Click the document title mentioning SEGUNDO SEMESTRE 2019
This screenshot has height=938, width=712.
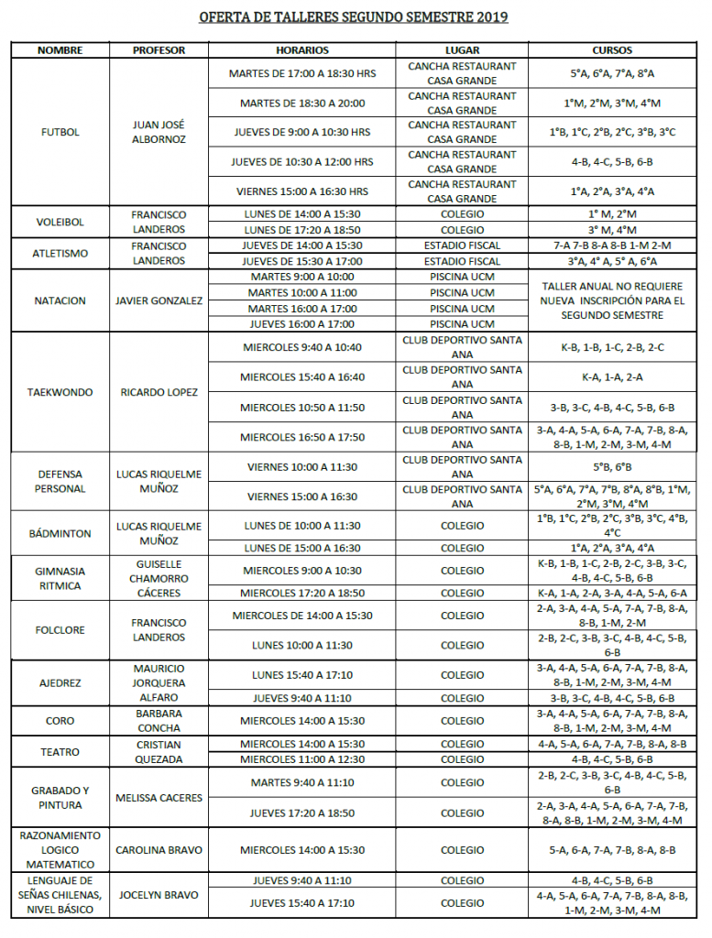(x=354, y=17)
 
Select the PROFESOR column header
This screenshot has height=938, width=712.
(x=159, y=50)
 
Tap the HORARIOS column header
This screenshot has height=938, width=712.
(x=301, y=50)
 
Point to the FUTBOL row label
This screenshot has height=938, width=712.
(x=60, y=132)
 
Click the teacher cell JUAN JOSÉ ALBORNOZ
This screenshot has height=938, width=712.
(x=159, y=132)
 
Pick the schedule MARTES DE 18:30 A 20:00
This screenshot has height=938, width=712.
(x=301, y=104)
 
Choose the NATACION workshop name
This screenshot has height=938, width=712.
(x=60, y=300)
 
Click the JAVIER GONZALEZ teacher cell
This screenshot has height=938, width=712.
(x=159, y=300)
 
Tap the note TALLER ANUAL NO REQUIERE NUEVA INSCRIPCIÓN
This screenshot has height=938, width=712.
(x=612, y=300)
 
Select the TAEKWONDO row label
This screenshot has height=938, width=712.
(x=60, y=392)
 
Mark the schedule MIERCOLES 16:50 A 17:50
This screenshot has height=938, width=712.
(x=301, y=437)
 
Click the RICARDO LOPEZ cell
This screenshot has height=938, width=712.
(x=159, y=392)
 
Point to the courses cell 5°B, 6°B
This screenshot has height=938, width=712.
(x=612, y=466)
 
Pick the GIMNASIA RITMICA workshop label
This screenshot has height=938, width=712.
(x=60, y=578)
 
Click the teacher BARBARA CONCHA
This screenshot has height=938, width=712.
(x=159, y=721)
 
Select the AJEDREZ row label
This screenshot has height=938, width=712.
(x=60, y=682)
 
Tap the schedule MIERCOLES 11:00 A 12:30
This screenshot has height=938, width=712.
(x=301, y=759)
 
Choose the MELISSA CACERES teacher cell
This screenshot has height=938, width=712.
(x=159, y=798)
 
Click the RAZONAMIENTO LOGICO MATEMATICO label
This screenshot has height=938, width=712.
(x=60, y=850)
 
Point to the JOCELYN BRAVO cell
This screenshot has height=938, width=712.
(x=159, y=895)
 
